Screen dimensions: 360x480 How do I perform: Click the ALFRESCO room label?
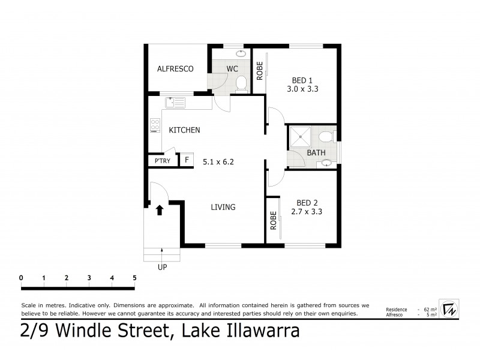pyautogui.click(x=175, y=69)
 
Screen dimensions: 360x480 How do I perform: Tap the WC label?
pyautogui.click(x=233, y=69)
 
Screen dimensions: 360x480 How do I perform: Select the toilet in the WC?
pyautogui.click(x=241, y=83)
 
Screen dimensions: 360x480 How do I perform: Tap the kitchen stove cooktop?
pyautogui.click(x=155, y=126)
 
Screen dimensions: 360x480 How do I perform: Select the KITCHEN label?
pyautogui.click(x=184, y=130)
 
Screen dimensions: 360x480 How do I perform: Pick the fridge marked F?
pyautogui.click(x=187, y=160)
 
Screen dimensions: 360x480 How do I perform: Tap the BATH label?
pyautogui.click(x=316, y=153)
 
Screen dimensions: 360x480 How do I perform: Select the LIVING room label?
pyautogui.click(x=223, y=208)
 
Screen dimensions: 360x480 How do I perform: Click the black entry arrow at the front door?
pyautogui.click(x=160, y=209)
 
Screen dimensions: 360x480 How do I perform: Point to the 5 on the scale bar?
pyautogui.click(x=134, y=278)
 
